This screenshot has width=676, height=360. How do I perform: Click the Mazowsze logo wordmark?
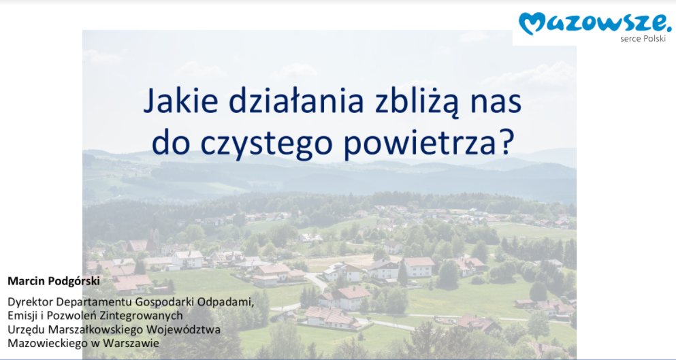(x=595, y=23)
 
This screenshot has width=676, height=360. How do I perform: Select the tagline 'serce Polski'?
(x=643, y=39)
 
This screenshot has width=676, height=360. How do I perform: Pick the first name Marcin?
(x=25, y=281)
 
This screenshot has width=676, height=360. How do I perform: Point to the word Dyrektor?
(x=30, y=301)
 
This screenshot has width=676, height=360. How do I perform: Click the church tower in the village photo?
(x=155, y=235)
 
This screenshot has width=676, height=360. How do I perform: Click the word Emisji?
(x=22, y=316)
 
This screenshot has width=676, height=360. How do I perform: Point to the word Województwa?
(x=183, y=330)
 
